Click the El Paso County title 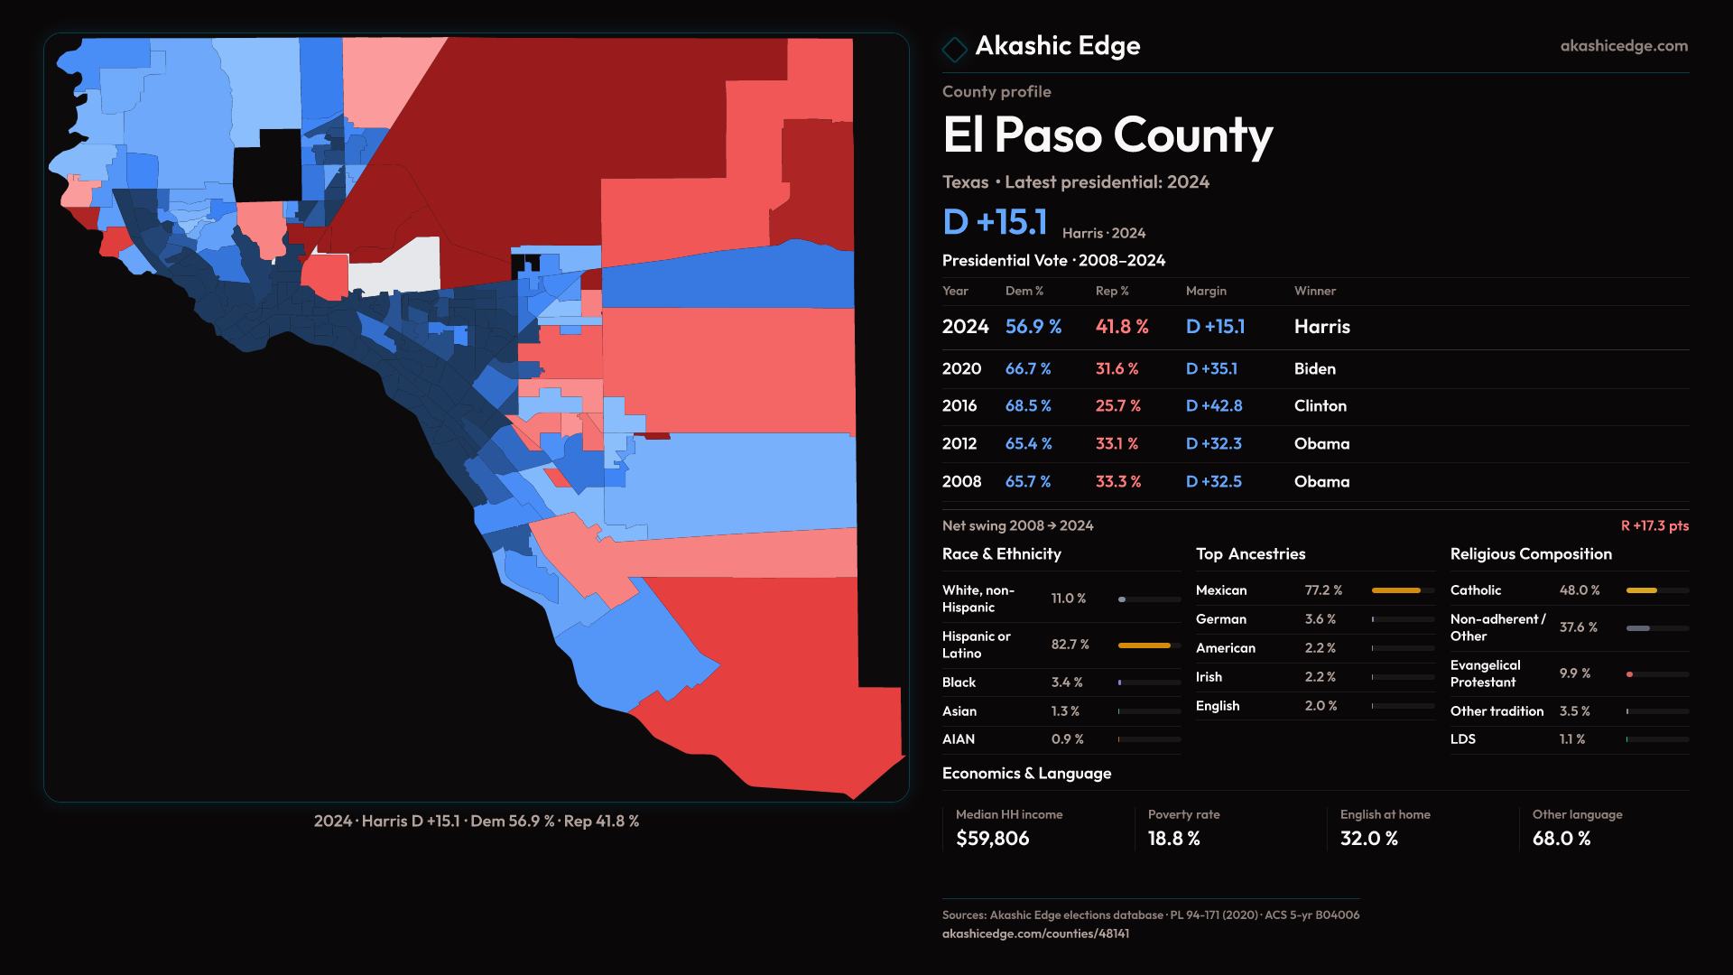pyautogui.click(x=1107, y=135)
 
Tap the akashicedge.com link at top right pyautogui.click(x=1624, y=46)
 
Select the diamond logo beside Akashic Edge pyautogui.click(x=954, y=48)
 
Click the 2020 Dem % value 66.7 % pyautogui.click(x=1028, y=369)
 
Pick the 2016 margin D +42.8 pyautogui.click(x=1214, y=406)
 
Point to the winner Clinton pyautogui.click(x=1320, y=406)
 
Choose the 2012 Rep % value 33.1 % pyautogui.click(x=1117, y=444)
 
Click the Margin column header pyautogui.click(x=1206, y=291)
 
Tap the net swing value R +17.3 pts pyautogui.click(x=1654, y=525)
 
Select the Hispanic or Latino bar pyautogui.click(x=1145, y=645)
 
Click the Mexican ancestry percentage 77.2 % pyautogui.click(x=1323, y=590)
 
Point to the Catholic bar pyautogui.click(x=1642, y=590)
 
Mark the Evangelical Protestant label pyautogui.click(x=1485, y=673)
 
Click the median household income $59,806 pyautogui.click(x=992, y=839)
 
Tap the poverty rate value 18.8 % pyautogui.click(x=1173, y=839)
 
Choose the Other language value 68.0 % pyautogui.click(x=1561, y=839)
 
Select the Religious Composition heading pyautogui.click(x=1531, y=554)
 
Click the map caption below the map pyautogui.click(x=477, y=822)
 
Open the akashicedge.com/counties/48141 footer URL pyautogui.click(x=1035, y=933)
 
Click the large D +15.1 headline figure pyautogui.click(x=995, y=223)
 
